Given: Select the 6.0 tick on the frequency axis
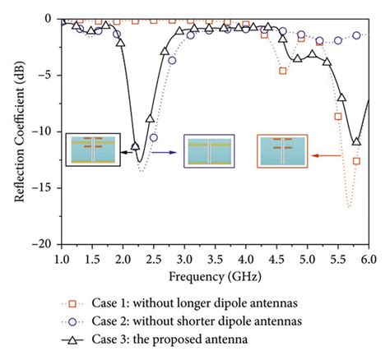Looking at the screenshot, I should click(x=368, y=258).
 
